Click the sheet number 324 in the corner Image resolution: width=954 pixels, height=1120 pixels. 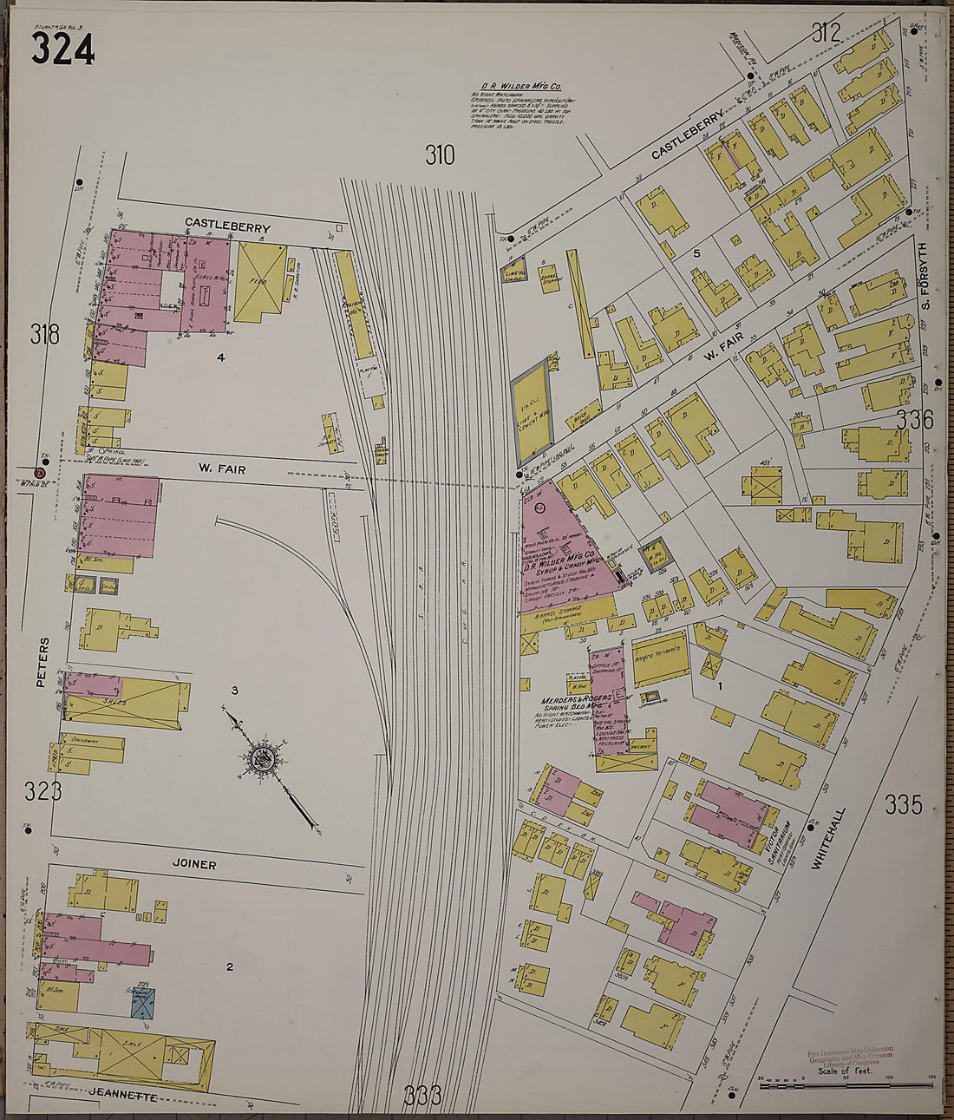[62, 50]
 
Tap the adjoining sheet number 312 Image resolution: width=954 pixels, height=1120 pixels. [827, 33]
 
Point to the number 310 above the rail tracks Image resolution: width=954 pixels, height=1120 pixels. [440, 155]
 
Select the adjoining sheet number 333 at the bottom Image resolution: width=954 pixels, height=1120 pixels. [423, 1095]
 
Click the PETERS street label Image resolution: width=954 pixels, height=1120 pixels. [41, 664]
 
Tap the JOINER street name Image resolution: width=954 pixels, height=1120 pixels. [193, 865]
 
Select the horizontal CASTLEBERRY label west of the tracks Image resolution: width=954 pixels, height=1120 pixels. [227, 226]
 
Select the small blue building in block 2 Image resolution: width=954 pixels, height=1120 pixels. [143, 1005]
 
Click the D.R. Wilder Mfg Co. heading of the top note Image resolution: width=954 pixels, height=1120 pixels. [522, 87]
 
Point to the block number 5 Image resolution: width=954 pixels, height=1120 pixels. [696, 253]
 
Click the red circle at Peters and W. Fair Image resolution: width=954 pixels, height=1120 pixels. [38, 473]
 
